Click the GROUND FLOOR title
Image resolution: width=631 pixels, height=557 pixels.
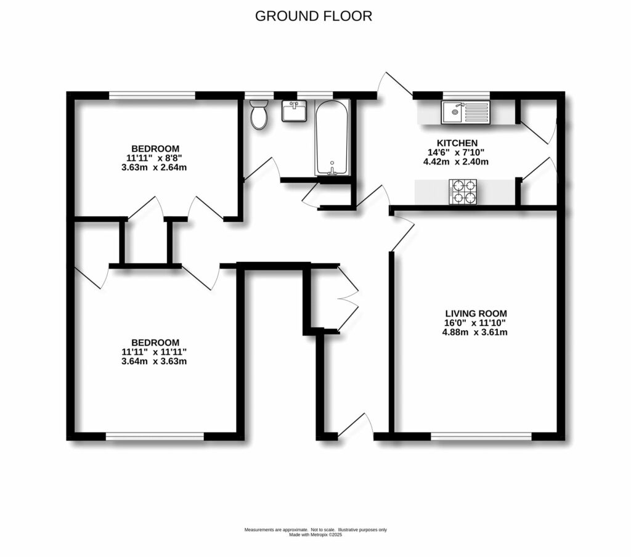[x=314, y=16]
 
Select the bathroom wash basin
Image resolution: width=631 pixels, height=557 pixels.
[x=293, y=111]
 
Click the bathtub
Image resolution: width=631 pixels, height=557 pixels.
[x=332, y=137]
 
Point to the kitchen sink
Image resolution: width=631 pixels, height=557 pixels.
[x=465, y=112]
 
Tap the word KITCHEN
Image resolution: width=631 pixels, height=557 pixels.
[x=458, y=143]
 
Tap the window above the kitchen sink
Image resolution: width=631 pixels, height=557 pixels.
[x=466, y=95]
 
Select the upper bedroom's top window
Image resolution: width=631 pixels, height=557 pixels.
[x=152, y=95]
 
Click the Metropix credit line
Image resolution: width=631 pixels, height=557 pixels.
[x=315, y=535]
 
